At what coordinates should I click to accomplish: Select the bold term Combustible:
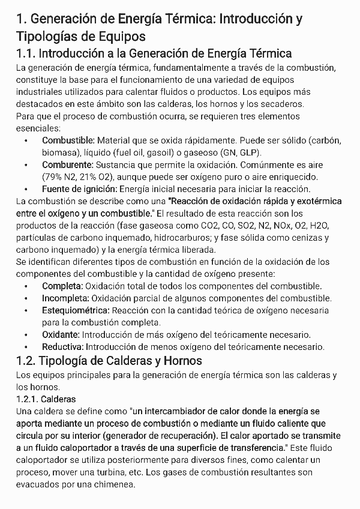coord(68,140)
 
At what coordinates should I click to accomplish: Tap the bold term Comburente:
coord(67,164)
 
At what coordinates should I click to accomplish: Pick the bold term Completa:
coord(62,286)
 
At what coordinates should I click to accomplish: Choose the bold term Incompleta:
coord(65,298)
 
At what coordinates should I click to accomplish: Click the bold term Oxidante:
coord(61,334)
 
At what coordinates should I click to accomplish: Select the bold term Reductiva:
coord(63,346)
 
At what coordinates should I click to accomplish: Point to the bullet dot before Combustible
coord(26,140)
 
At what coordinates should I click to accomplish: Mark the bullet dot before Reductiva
coord(26,347)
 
